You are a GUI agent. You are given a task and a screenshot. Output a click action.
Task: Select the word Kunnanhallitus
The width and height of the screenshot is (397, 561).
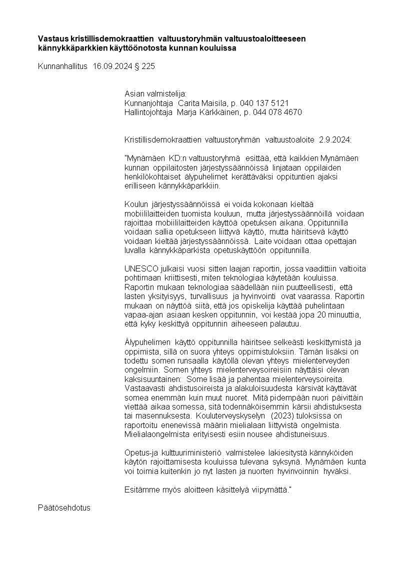pos(62,66)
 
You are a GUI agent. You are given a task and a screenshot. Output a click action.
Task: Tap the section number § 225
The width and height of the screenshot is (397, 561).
pos(145,66)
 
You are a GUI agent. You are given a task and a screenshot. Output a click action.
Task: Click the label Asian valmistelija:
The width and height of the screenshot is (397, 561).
pos(155,94)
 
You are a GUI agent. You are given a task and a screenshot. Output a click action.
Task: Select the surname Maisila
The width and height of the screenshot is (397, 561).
pos(210,103)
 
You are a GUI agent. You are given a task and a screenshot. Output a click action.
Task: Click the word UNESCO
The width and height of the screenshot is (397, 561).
pos(141,268)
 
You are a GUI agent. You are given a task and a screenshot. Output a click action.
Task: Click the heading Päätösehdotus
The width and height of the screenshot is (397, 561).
pos(64,507)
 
